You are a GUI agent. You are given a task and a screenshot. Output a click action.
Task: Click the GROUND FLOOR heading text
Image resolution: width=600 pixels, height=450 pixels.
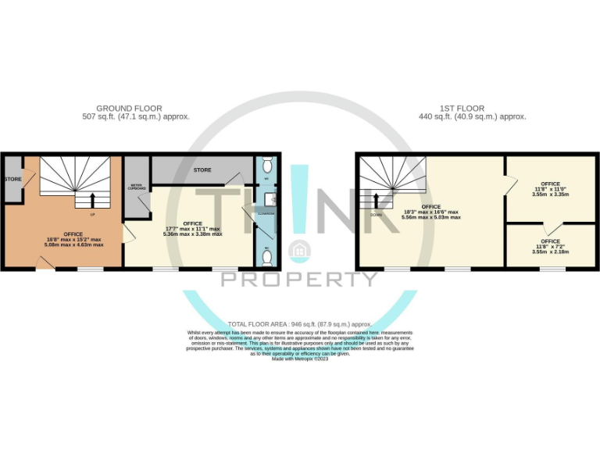click(129, 109)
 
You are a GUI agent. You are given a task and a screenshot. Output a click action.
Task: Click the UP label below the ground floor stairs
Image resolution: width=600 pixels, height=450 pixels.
click(93, 214)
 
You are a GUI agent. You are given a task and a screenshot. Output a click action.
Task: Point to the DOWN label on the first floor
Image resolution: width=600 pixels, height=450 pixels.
click(375, 214)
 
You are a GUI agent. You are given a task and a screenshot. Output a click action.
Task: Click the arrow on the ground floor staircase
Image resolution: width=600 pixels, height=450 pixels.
click(93, 200)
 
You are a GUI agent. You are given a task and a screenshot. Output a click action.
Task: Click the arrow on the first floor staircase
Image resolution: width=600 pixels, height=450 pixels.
click(375, 201)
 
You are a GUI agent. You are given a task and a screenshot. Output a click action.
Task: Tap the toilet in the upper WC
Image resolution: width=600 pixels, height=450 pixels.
click(268, 165)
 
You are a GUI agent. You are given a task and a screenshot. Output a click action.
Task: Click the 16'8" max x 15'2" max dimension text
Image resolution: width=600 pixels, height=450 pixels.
click(73, 239)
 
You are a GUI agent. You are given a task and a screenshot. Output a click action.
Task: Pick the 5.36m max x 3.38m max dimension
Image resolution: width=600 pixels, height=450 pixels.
click(192, 234)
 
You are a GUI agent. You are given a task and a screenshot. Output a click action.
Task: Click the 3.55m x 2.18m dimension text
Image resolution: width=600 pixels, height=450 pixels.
click(550, 252)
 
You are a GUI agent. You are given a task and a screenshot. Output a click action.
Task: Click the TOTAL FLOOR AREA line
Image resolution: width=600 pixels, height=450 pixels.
click(300, 323)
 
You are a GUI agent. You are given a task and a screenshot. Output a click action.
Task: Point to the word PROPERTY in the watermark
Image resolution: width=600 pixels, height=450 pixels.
click(300, 279)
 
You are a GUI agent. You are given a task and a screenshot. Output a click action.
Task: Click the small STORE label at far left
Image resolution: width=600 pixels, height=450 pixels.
click(12, 180)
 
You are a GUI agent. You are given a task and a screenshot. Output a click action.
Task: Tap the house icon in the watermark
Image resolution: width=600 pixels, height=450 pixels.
click(298, 250)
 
